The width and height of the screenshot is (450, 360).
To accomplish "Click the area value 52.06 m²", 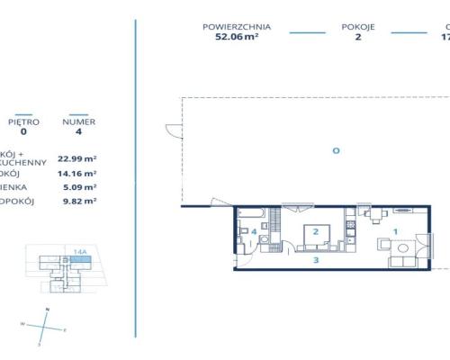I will [x=238, y=38].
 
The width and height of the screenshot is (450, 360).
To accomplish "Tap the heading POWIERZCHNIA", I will [x=238, y=27].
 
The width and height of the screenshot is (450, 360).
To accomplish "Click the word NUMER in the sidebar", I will [x=78, y=121].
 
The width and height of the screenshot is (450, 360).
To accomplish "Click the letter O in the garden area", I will [x=336, y=150].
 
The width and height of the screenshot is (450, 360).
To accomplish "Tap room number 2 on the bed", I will [x=315, y=231].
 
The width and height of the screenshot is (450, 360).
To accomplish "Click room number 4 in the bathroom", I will [x=255, y=232].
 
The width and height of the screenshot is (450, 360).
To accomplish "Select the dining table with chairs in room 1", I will [x=374, y=214].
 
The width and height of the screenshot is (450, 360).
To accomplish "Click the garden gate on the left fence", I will [x=168, y=130].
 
